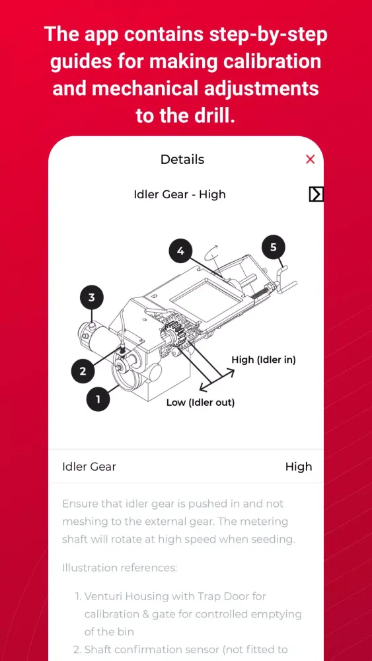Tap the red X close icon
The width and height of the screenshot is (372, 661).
pyautogui.click(x=310, y=159)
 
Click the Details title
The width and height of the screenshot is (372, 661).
pyautogui.click(x=182, y=159)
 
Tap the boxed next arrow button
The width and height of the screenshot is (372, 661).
pyautogui.click(x=316, y=194)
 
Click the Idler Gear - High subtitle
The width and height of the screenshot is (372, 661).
pyautogui.click(x=180, y=194)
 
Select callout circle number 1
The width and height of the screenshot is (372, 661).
pyautogui.click(x=98, y=399)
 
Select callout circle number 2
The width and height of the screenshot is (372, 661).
pyautogui.click(x=83, y=371)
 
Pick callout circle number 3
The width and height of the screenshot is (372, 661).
pyautogui.click(x=92, y=297)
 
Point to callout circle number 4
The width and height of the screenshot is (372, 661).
pyautogui.click(x=181, y=251)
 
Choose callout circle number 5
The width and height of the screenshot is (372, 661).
pyautogui.click(x=274, y=247)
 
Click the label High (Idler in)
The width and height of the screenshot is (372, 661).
pyautogui.click(x=264, y=360)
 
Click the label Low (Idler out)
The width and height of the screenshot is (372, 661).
pyautogui.click(x=200, y=402)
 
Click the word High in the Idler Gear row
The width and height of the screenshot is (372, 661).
pyautogui.click(x=299, y=467)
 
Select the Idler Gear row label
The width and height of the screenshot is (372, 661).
pyautogui.click(x=89, y=467)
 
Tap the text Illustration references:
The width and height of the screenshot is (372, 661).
pyautogui.click(x=120, y=568)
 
